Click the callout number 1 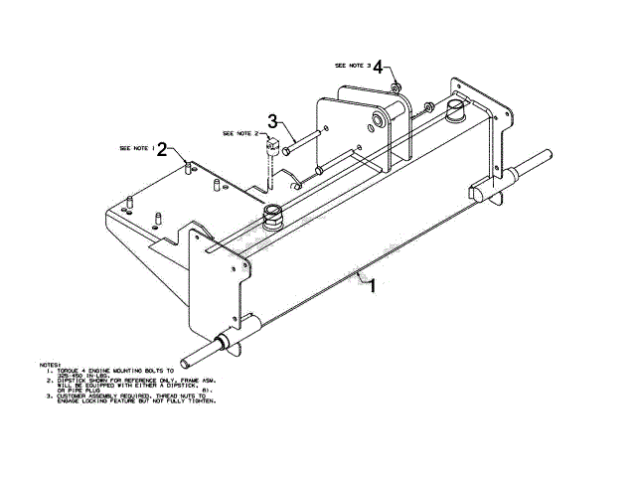click(x=371, y=287)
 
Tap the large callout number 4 click(x=379, y=67)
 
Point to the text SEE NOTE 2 click(x=242, y=132)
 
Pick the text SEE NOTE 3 click(x=353, y=66)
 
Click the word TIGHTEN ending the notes click(x=202, y=400)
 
